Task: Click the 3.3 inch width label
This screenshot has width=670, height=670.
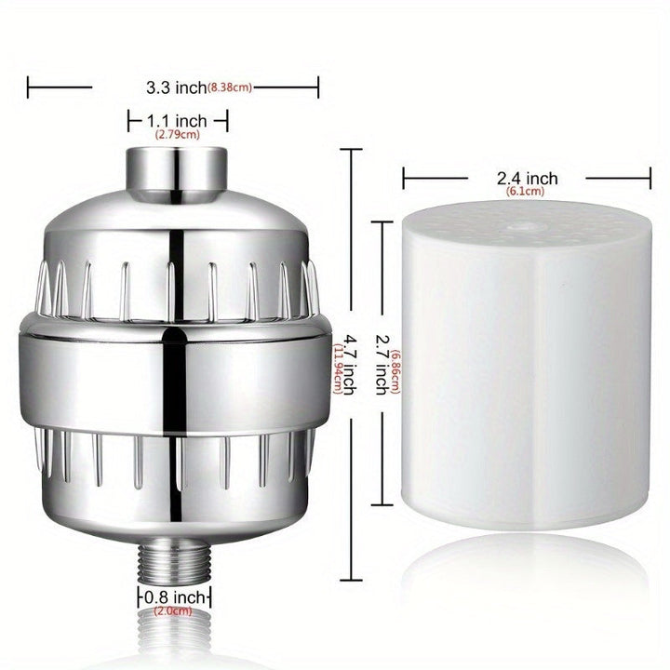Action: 176,88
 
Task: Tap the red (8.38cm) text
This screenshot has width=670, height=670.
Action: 229,88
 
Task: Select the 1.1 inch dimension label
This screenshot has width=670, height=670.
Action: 178,120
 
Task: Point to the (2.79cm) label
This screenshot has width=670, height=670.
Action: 178,135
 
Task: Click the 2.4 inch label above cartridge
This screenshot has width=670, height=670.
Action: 527,179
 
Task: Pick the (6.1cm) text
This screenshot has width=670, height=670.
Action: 526,192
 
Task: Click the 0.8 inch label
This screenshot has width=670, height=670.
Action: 176,596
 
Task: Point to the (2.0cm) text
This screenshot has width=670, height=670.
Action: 175,611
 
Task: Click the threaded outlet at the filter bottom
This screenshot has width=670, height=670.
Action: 175,556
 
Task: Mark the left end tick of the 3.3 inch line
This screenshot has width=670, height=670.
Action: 29,88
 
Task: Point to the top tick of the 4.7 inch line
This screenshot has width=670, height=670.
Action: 352,149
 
